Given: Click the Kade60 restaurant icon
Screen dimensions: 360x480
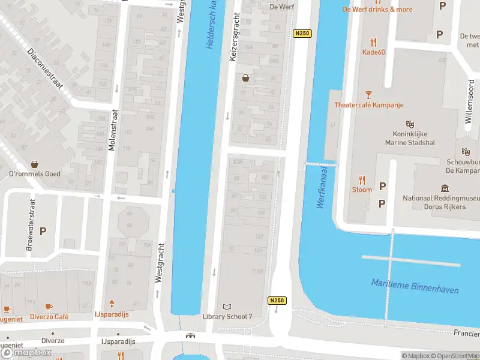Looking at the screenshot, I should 374,41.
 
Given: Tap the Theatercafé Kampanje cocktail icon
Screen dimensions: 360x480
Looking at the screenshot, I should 368,95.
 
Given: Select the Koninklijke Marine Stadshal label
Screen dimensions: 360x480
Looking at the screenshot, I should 410,138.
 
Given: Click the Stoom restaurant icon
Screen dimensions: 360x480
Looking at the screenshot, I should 362,179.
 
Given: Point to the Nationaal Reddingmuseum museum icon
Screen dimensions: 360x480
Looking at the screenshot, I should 445,188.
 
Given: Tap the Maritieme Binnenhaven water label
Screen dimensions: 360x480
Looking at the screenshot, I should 414,286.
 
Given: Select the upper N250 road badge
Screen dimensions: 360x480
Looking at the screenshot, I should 302,34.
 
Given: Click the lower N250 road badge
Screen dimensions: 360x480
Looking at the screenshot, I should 277,301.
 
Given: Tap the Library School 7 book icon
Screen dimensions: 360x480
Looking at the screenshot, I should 227,307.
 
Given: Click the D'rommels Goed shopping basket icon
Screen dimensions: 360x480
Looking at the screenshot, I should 34,164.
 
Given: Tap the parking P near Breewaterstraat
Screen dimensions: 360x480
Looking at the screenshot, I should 43,230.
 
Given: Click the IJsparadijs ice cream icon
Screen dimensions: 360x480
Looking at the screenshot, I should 112,305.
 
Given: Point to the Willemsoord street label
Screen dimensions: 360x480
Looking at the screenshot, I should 470,103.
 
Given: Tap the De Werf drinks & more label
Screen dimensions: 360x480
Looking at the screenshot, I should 377,10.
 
